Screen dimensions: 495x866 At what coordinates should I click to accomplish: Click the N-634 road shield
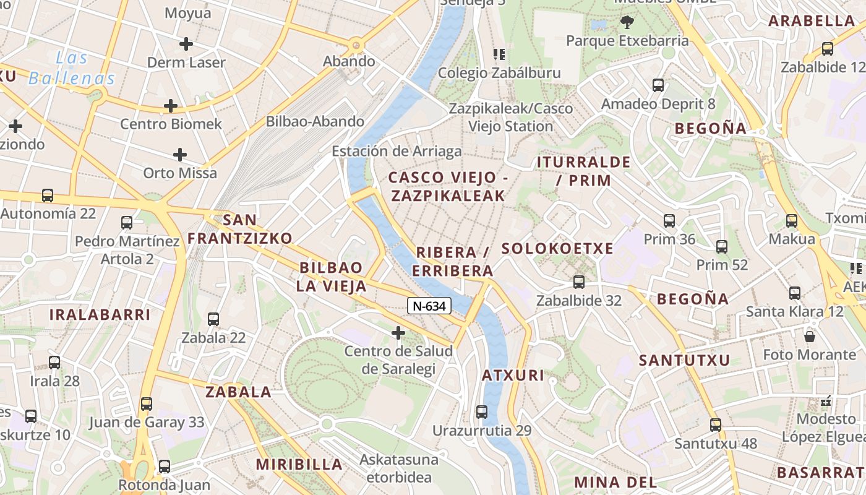click(429, 306)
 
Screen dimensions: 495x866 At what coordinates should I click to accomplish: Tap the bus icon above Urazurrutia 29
click(482, 411)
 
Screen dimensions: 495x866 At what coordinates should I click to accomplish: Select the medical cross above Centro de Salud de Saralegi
click(398, 334)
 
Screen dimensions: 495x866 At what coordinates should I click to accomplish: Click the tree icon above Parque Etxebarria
click(627, 23)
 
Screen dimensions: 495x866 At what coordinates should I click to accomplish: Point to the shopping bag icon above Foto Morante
click(809, 337)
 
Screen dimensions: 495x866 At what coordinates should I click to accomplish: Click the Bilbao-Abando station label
click(315, 121)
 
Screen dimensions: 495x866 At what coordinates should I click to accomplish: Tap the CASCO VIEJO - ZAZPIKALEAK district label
click(447, 187)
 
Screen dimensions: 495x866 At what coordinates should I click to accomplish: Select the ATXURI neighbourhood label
click(513, 376)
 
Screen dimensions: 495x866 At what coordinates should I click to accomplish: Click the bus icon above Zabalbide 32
click(579, 282)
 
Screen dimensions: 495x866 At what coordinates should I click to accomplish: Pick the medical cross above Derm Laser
click(186, 44)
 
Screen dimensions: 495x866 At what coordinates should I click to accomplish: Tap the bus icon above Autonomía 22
click(48, 196)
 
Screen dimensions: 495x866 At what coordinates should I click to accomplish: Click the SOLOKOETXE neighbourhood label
click(557, 249)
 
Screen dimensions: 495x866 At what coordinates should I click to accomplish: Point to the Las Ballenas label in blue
click(72, 69)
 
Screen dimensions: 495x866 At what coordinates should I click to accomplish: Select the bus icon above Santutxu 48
click(716, 425)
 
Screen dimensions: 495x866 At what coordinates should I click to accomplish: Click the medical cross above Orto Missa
click(180, 154)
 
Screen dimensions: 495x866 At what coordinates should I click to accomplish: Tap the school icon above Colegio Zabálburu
click(499, 54)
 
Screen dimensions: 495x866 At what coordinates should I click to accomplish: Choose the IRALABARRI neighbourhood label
click(100, 314)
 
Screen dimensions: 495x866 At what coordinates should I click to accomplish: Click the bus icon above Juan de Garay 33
click(147, 404)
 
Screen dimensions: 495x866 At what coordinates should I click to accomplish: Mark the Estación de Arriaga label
click(397, 152)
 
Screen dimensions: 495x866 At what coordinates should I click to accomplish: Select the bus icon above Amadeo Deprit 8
click(658, 85)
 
